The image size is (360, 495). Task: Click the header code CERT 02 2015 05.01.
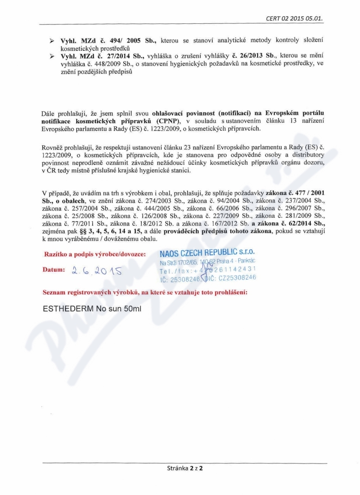[x=295, y=18]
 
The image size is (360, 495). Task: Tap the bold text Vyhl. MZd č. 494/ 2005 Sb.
[x=108, y=41]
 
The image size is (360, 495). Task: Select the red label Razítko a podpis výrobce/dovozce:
[x=94, y=254]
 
